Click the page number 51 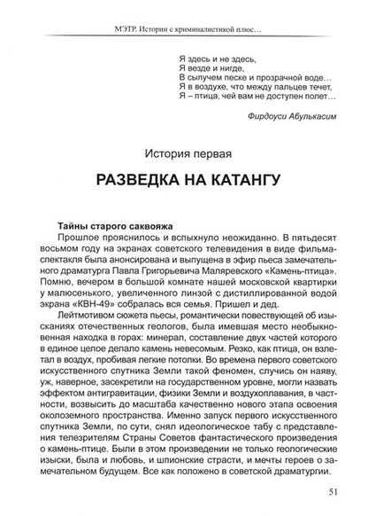pyautogui.click(x=330, y=495)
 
